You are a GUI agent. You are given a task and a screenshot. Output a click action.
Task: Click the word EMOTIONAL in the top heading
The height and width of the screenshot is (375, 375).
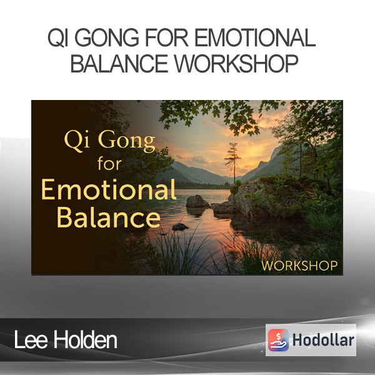pos(256,37)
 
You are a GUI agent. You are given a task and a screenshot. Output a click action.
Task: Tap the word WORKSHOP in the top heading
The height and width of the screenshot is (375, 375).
pos(236,63)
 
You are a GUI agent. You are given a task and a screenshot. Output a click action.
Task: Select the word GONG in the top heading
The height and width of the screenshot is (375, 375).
pos(107,37)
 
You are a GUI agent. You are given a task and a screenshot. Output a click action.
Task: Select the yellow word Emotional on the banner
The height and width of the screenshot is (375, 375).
pos(109,189)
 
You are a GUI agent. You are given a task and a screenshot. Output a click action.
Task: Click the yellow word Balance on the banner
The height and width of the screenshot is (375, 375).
pos(108,217)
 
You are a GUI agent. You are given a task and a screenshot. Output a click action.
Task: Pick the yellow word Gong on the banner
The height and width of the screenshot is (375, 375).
pos(127,141)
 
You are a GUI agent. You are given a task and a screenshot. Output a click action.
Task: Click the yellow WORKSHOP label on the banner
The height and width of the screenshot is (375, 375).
pos(299,266)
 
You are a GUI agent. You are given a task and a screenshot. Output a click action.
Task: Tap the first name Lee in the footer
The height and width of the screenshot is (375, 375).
pos(31,339)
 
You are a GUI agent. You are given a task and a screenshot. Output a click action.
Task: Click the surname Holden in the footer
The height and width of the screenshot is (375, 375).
pos(86,339)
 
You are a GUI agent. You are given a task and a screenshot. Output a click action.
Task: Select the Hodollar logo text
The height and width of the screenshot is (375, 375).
pos(323,340)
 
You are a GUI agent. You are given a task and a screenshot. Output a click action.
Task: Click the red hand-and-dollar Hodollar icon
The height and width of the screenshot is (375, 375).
pos(278,340)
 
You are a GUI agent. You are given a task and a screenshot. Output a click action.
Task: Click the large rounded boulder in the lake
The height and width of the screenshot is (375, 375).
pos(197,201)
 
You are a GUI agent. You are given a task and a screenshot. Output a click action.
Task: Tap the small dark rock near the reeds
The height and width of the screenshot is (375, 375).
pos(180,227)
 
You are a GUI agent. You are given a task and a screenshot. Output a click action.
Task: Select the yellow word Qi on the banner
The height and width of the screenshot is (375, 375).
pos(77,141)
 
